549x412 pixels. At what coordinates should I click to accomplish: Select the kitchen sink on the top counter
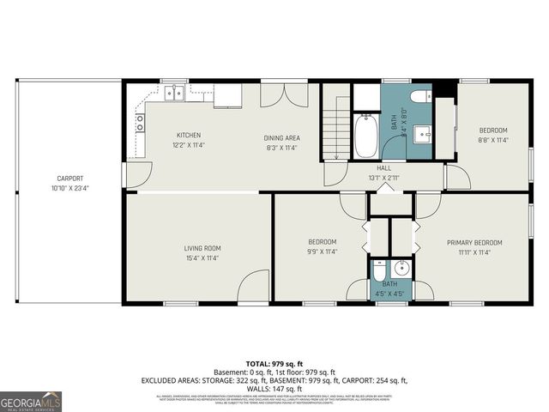175,91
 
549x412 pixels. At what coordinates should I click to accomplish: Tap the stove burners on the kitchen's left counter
139,122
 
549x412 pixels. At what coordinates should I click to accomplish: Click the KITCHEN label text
189,136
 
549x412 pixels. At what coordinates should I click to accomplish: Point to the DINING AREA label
281,137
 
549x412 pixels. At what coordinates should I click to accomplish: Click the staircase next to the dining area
337,134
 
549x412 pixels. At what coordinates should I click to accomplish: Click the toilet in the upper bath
420,97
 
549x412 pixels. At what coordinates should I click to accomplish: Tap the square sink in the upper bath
422,134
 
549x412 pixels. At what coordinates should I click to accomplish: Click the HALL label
383,168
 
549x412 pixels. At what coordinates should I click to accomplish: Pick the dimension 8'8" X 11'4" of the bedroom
493,140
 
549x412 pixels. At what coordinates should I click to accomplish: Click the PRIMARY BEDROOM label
474,243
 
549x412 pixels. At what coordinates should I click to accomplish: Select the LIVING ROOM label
202,249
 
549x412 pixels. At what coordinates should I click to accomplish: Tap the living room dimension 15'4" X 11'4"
202,258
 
